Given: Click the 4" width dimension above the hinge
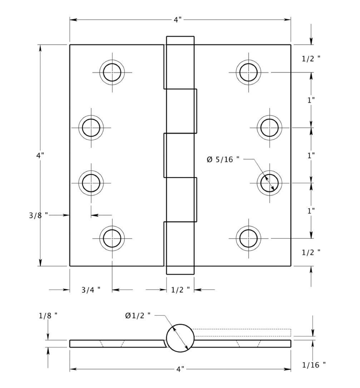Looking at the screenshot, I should pos(178,20).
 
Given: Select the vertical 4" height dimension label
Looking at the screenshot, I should pos(40,155).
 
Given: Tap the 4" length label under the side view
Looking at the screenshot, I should pos(180,369).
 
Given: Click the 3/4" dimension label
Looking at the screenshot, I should pos(91,290).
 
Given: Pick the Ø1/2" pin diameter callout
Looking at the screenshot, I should pos(138,315).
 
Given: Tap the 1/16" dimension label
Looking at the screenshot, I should pos(314,365).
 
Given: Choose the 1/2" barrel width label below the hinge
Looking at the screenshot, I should pos(180,290).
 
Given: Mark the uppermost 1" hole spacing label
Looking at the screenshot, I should pos(311,100).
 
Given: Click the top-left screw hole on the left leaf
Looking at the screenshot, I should pos(112,72).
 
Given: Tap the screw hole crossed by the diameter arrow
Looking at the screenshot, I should pos(269,183).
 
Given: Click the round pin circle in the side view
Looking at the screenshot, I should pos(180,338).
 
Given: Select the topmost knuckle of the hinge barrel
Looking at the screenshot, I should pos(180,62).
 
